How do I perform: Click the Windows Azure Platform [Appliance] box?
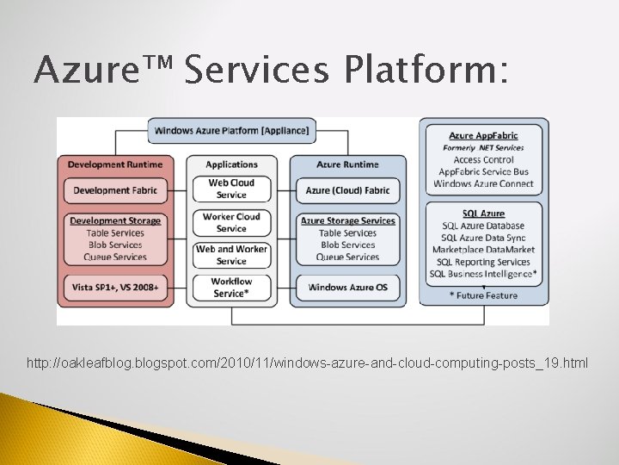[x=232, y=131]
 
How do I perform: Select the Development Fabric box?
[x=114, y=190]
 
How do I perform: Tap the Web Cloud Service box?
[x=231, y=189]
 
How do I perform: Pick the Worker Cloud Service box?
[x=231, y=222]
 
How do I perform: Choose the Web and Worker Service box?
[x=231, y=255]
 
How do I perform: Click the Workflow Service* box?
[x=231, y=287]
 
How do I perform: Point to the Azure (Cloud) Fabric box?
[x=347, y=190]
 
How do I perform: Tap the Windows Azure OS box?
[x=347, y=287]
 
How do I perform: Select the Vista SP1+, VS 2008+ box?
[x=114, y=287]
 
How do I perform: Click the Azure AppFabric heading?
[x=483, y=135]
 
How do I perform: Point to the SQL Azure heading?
[x=483, y=214]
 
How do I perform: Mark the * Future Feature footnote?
[x=483, y=295]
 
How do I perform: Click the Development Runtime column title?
[x=114, y=164]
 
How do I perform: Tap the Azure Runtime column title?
[x=347, y=164]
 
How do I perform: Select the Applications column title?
[x=231, y=164]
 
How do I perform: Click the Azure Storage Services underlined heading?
[x=347, y=220]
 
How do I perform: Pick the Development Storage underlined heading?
[x=115, y=220]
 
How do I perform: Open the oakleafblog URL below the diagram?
[x=308, y=363]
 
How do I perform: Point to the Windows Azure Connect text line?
[x=483, y=184]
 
